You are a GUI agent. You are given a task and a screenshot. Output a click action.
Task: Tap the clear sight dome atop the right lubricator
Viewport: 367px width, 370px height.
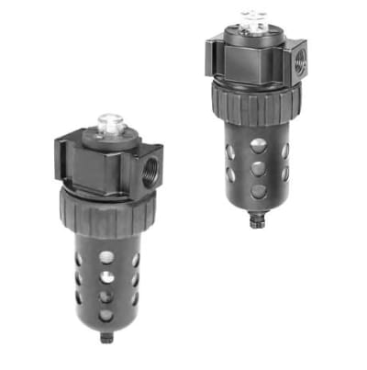[x=251, y=17]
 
